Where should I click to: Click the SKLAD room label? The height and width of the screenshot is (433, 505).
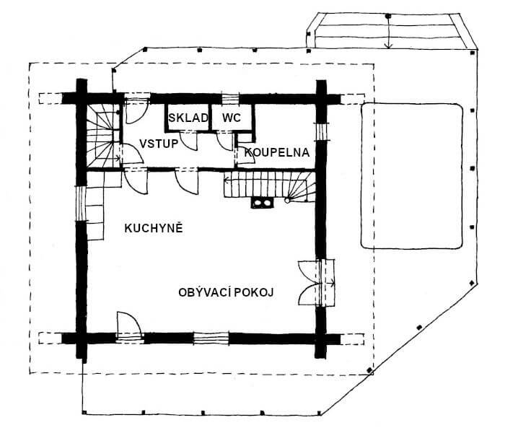coord(188,118)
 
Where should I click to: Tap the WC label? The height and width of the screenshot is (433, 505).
coord(232,118)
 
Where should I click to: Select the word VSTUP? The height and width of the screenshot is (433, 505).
coord(159,144)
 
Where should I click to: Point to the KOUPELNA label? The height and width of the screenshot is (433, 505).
coord(277,152)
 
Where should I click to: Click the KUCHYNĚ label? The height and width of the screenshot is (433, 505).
coord(154,228)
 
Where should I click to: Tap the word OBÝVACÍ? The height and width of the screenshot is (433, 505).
coord(204,292)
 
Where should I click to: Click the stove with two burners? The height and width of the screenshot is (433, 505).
coord(262,203)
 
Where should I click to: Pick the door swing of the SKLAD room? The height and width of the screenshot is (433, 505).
coord(188,141)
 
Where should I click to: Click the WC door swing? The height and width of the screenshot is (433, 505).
coord(225,141)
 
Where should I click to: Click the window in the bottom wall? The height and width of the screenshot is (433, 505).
coord(211,338)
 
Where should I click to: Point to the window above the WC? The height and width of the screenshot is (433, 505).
coord(230,98)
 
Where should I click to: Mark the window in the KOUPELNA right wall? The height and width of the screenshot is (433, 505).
coord(321,131)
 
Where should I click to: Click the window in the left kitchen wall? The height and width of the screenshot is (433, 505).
coord(81,203)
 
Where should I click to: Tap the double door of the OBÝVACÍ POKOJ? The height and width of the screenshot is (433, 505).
coord(317,283)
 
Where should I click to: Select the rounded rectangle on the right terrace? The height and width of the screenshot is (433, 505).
coord(412,176)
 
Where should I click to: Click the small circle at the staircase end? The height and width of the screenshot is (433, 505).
coord(287,201)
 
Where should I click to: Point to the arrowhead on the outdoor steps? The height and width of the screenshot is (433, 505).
coord(389,45)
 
